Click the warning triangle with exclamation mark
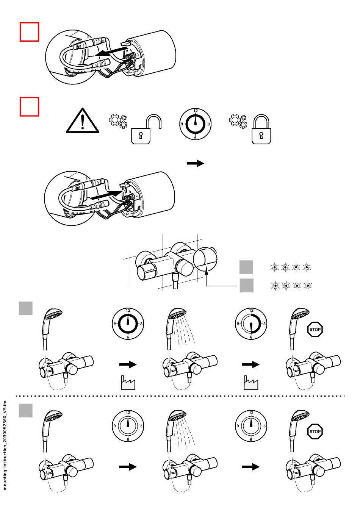(x=83, y=122)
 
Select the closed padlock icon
(x=261, y=130)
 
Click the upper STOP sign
(x=315, y=329)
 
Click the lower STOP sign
(x=315, y=431)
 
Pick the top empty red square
(x=30, y=32)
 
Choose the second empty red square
(x=30, y=107)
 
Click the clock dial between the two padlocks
(x=195, y=124)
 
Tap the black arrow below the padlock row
(x=196, y=163)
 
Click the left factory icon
(x=127, y=383)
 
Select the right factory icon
(x=250, y=383)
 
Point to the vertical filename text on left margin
(x=5, y=445)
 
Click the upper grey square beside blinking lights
(x=246, y=267)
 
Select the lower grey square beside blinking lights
(x=246, y=285)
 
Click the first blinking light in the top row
(x=274, y=267)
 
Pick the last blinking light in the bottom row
(x=307, y=285)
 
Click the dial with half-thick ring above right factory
(x=251, y=324)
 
